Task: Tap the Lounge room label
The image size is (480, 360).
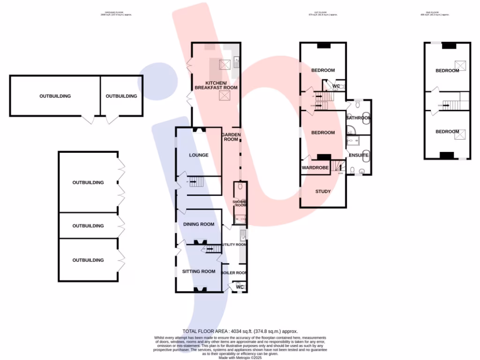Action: tap(199, 155)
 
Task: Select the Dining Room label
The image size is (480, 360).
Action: tap(199, 224)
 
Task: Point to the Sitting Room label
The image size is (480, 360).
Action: tap(199, 271)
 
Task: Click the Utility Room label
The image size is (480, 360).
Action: tap(234, 245)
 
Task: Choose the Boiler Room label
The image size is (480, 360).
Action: tap(234, 272)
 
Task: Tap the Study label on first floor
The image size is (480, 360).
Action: tap(323, 191)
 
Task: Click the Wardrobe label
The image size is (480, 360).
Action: tap(314, 167)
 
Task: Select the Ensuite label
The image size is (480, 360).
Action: tap(359, 155)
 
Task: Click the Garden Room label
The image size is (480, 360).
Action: tap(231, 137)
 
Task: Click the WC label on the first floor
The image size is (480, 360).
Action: tap(336, 86)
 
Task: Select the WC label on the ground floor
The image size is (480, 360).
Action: tap(240, 287)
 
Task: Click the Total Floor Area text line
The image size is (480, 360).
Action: tap(240, 331)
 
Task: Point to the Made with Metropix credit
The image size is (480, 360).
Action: tap(240, 357)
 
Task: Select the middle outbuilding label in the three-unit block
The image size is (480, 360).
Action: tap(88, 226)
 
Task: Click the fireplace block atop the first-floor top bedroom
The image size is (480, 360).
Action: tap(323, 45)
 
